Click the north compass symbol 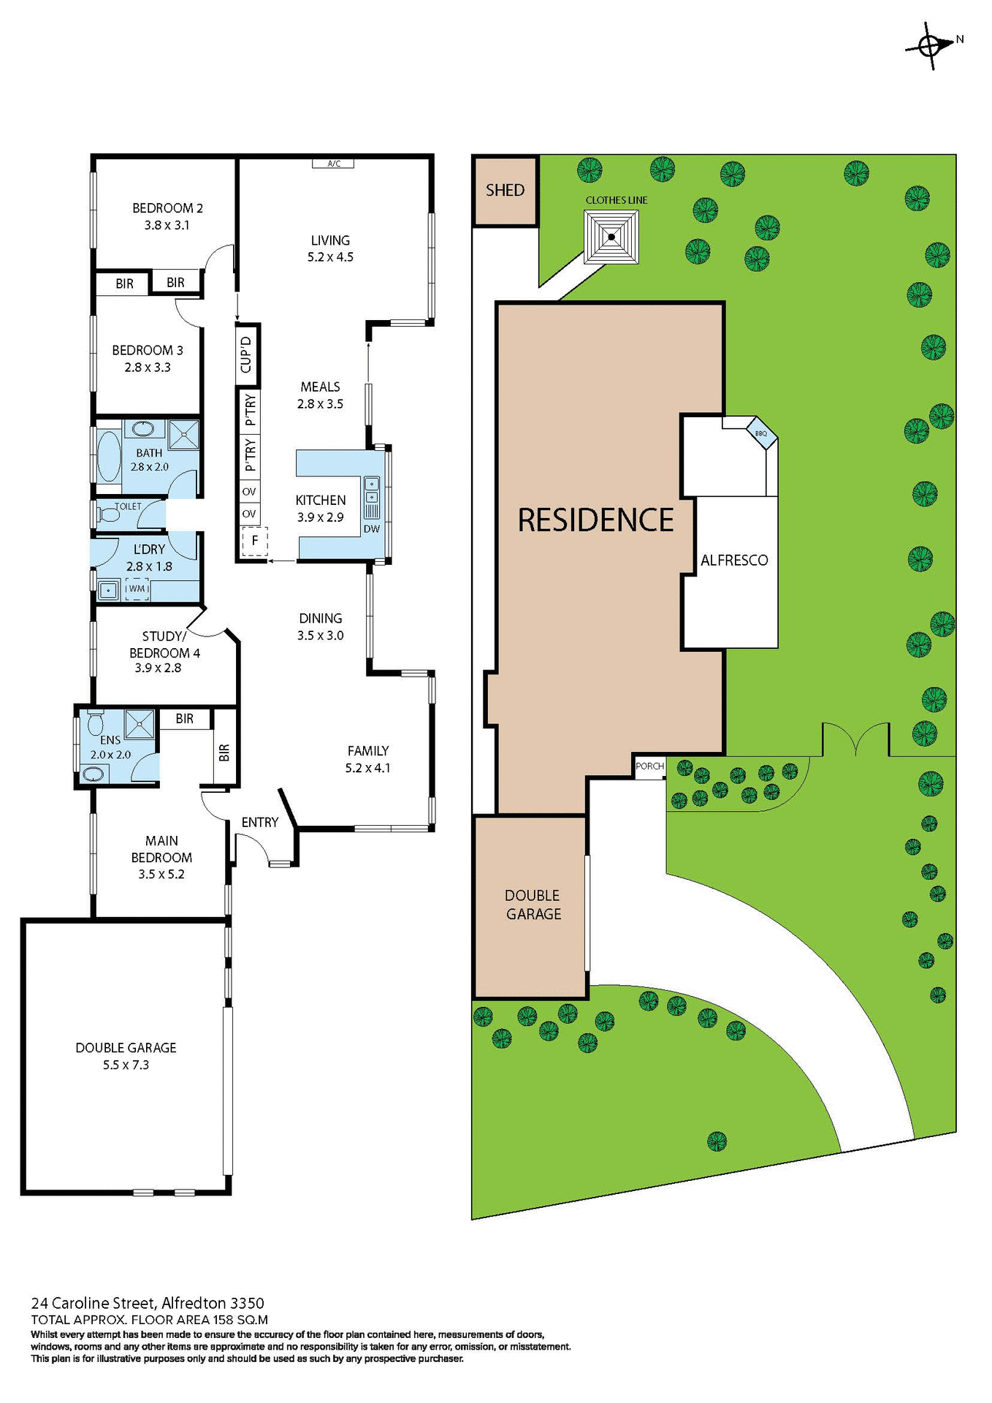click(931, 46)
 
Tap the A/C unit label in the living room click(333, 164)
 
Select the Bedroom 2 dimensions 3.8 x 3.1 click(167, 226)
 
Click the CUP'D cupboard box click(248, 354)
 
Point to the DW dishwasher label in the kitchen click(372, 529)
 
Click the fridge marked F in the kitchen click(254, 541)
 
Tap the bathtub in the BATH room click(110, 457)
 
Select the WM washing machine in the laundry click(137, 589)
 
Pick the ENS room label click(110, 740)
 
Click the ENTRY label click(260, 823)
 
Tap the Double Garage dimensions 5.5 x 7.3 click(126, 1065)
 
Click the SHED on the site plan click(505, 191)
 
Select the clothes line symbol click(611, 237)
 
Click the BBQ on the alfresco click(761, 433)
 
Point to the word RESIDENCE click(595, 520)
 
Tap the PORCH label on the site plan click(649, 767)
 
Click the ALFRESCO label click(734, 560)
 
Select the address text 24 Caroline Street click(93, 1303)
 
